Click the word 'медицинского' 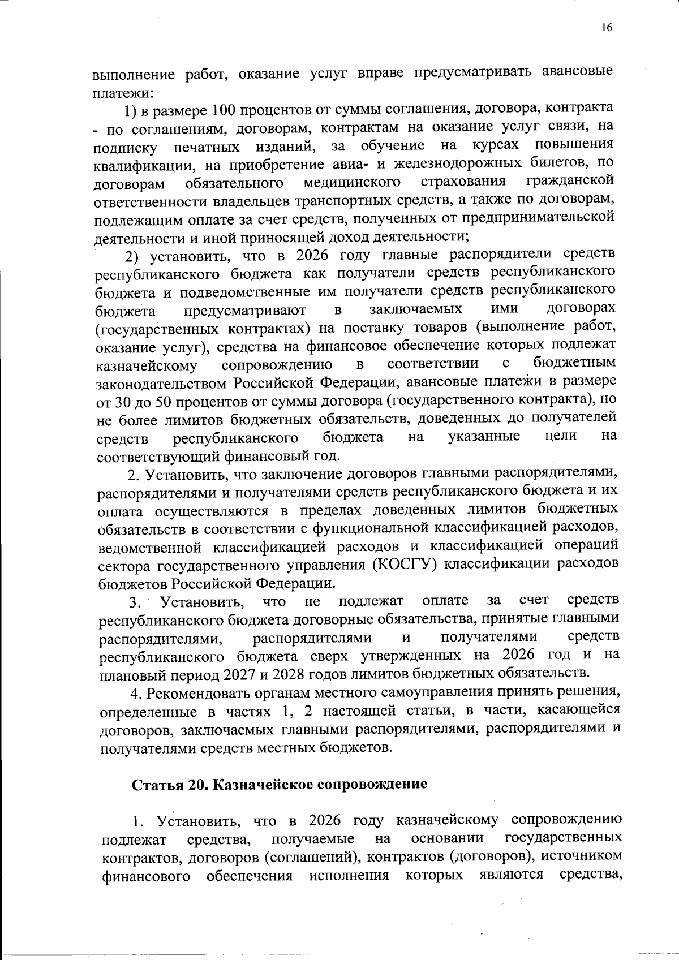[352, 183]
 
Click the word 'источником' [582, 856]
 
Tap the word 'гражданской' [570, 181]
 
